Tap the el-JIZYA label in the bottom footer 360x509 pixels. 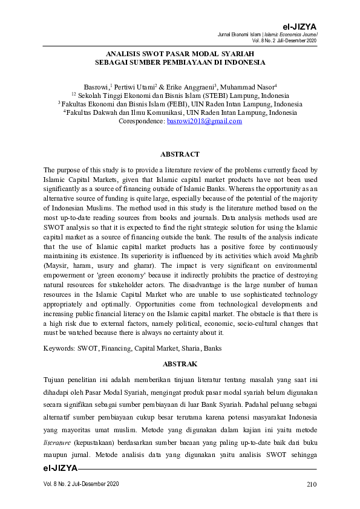point(60,468)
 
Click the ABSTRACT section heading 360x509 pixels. point(180,155)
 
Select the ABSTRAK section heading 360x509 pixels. point(180,364)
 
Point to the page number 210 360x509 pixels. point(312,485)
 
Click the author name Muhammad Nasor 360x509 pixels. point(247,87)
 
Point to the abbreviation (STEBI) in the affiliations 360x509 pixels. point(206,96)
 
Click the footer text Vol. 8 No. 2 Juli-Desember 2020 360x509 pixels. point(81,485)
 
